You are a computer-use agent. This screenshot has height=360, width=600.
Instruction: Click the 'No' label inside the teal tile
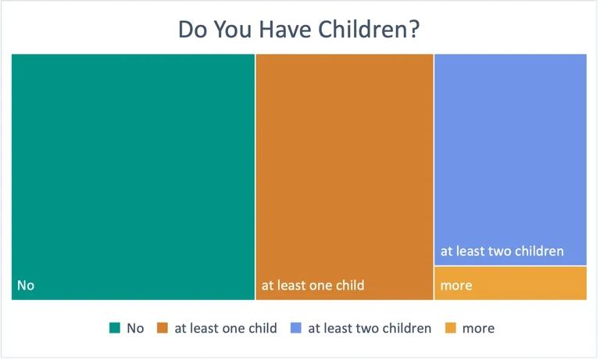pyautogui.click(x=26, y=285)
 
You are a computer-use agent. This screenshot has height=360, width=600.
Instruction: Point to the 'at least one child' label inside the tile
pyautogui.click(x=312, y=285)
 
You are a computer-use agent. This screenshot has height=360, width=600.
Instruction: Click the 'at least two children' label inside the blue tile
pyautogui.click(x=502, y=251)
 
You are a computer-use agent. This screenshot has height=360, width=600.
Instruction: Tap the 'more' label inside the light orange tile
pyautogui.click(x=456, y=285)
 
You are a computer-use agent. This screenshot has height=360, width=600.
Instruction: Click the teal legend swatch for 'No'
pyautogui.click(x=115, y=328)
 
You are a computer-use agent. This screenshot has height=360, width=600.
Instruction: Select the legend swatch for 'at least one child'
pyautogui.click(x=162, y=328)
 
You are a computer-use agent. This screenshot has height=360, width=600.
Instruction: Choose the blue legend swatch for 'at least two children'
pyautogui.click(x=296, y=328)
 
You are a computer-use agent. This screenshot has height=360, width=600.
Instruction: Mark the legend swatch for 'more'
pyautogui.click(x=451, y=328)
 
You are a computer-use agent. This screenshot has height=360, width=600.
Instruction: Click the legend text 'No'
pyautogui.click(x=135, y=328)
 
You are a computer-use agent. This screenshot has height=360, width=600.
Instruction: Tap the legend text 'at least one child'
pyautogui.click(x=226, y=328)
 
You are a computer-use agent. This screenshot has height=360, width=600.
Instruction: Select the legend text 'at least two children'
pyautogui.click(x=370, y=328)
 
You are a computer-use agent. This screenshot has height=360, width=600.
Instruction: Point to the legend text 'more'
pyautogui.click(x=478, y=328)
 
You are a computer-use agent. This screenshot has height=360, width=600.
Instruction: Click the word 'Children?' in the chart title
pyautogui.click(x=369, y=29)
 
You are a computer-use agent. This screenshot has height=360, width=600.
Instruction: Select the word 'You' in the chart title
pyautogui.click(x=232, y=29)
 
